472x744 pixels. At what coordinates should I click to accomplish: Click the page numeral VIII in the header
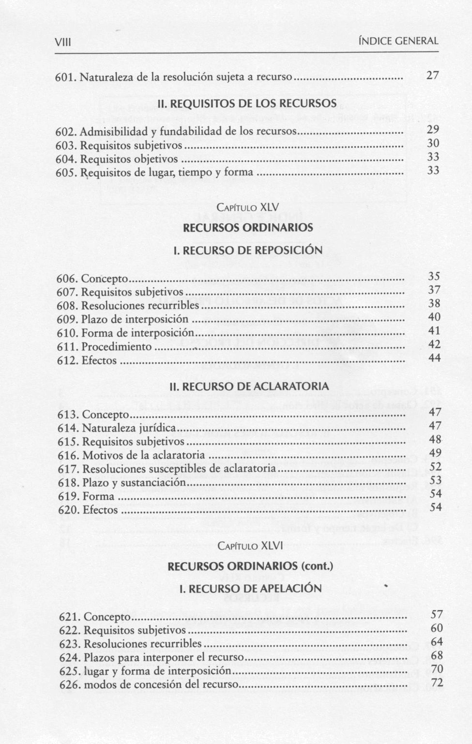tap(63, 42)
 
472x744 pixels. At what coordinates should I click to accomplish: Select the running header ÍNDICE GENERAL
tap(398, 41)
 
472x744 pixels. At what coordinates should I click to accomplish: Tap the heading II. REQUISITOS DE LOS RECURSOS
tap(247, 104)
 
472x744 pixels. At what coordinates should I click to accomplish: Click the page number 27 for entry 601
tap(432, 75)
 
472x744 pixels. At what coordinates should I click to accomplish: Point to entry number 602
tap(66, 131)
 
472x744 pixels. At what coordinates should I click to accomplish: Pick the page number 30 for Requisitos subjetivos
tap(433, 143)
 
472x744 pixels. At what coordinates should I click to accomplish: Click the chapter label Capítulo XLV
tap(248, 207)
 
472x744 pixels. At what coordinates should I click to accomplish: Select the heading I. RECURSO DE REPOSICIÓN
tap(248, 250)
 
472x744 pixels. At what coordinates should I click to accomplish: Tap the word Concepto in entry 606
tap(105, 279)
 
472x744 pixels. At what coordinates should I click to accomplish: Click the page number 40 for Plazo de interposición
tap(434, 317)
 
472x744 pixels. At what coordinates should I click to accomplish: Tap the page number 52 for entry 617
tap(436, 466)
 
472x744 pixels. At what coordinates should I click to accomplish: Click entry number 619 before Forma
tap(68, 496)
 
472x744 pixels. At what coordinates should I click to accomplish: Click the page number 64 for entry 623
tap(437, 642)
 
